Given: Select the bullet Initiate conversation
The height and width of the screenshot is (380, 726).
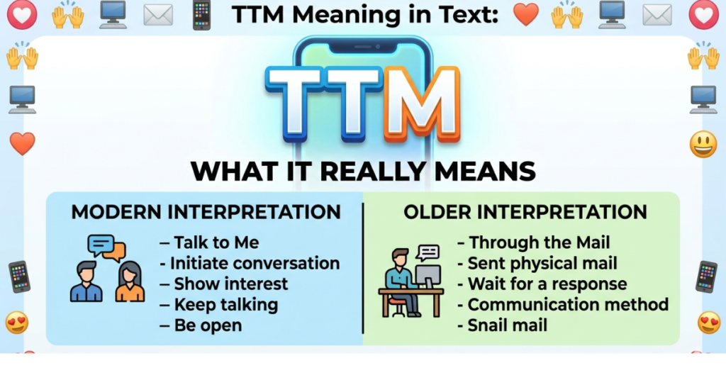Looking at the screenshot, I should point(255,264).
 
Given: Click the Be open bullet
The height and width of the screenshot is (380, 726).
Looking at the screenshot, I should point(208,326).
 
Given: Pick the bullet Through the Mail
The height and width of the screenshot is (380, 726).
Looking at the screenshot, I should point(534,243).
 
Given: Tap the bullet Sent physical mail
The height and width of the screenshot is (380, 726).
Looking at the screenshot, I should point(542,264).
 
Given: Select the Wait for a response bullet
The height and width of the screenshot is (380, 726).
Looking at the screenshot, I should point(547,284).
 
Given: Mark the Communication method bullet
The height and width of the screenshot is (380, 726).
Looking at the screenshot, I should point(568,305).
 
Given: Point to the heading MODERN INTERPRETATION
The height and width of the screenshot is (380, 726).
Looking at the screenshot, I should point(206,212).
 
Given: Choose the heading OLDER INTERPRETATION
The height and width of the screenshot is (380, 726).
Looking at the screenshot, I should point(525,212).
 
